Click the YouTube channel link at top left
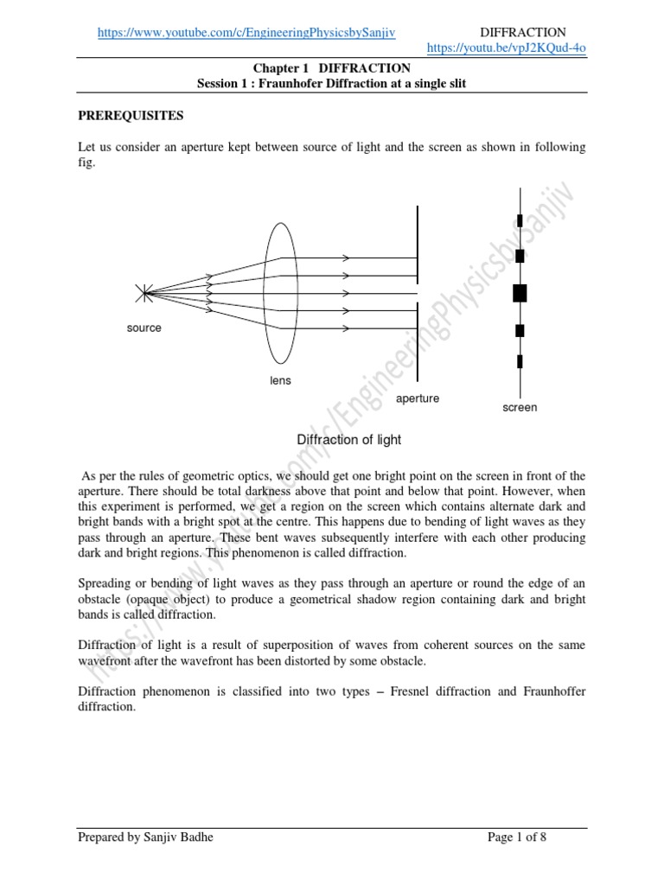click(x=246, y=32)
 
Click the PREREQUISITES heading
click(x=131, y=115)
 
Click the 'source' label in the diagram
click(x=144, y=328)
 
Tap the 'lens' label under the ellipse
click(x=279, y=381)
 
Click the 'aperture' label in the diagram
click(x=418, y=398)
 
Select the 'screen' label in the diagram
click(x=520, y=407)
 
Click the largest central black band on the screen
click(x=520, y=293)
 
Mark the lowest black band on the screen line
click(x=520, y=361)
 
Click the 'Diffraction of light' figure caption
click(x=349, y=440)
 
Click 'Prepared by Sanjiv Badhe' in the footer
click(x=144, y=862)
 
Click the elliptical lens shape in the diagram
click(x=279, y=294)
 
